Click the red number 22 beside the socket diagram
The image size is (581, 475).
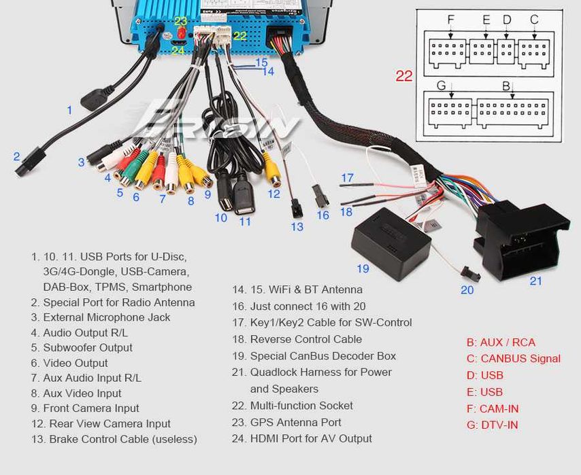pos(404,76)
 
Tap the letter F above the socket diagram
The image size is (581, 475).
pos(450,19)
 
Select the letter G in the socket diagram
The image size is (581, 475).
pos(441,86)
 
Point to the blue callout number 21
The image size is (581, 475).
pos(536,281)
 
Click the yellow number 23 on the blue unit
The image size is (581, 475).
pos(181,21)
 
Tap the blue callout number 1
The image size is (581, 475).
pos(69,110)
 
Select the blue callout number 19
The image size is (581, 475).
pos(363,268)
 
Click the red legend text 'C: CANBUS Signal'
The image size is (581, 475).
pos(513,358)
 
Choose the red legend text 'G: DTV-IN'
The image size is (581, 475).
pos(492,425)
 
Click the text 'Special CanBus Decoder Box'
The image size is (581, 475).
pos(323,356)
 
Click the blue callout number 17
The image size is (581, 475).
pos(347,178)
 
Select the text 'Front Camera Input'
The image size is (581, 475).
pos(91,408)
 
